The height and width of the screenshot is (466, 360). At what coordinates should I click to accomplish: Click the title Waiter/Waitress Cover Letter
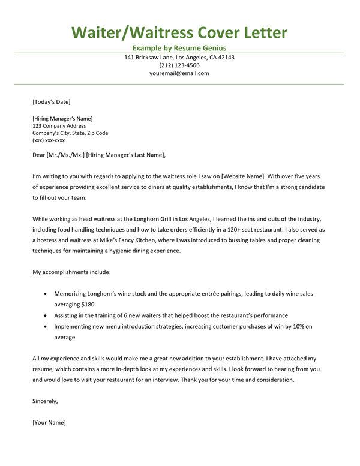coord(179,32)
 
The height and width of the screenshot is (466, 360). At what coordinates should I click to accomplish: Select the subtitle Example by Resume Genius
coord(179,48)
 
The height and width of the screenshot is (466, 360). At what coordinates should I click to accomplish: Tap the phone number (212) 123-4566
coord(179,65)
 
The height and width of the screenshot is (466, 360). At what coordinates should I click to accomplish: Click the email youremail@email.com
coord(179,73)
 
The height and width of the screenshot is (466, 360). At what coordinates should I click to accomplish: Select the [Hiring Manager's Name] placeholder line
coord(62,119)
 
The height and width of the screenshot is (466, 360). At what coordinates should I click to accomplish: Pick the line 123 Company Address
coord(59,126)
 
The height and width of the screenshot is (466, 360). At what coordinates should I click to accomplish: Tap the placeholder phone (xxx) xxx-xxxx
coord(49,140)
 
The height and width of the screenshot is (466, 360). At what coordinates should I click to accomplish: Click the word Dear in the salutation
coord(40,155)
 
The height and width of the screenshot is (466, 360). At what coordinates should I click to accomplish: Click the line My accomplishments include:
coord(71,272)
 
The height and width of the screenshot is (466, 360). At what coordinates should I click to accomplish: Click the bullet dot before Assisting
coord(46,315)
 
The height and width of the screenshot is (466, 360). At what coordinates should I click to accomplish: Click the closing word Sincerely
coord(45,401)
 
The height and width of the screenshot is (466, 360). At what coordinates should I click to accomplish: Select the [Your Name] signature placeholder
coord(49,422)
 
